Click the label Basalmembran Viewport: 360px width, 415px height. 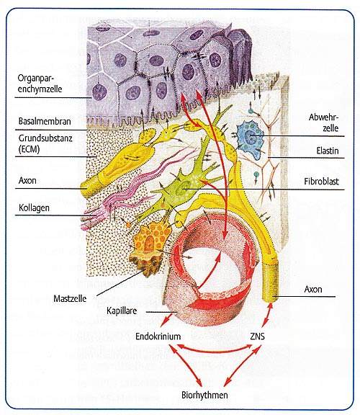coord(45,121)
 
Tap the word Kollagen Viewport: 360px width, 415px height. coord(34,207)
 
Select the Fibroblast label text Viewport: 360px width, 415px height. coord(321,182)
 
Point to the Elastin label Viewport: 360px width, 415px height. coord(328,151)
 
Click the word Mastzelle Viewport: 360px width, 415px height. coord(70,298)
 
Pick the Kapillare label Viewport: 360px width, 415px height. coord(122,311)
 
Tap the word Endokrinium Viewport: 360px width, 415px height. coord(158,336)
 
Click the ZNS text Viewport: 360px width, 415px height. coord(257,336)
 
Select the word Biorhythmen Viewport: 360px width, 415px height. coord(204,395)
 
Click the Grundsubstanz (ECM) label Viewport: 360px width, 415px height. coord(45,143)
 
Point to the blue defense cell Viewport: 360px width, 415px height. coord(248,140)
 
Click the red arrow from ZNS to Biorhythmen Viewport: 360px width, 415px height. coord(242,366)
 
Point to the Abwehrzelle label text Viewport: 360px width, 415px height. coord(323,122)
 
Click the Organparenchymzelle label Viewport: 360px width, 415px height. coord(40,83)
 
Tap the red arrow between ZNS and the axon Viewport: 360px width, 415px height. coord(266,315)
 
